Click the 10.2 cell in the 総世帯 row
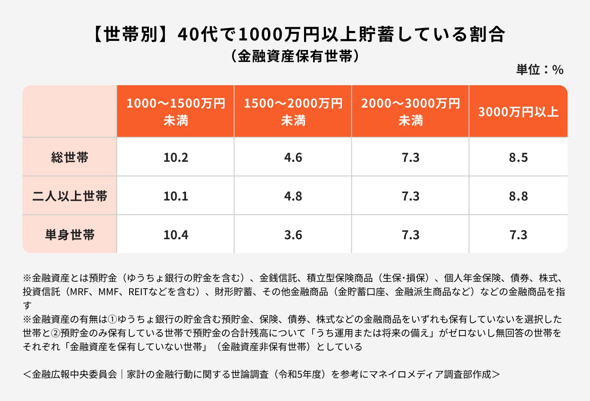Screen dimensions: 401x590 [176, 157]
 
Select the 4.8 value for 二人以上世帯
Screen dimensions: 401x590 [293, 196]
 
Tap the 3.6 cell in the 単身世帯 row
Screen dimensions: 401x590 [293, 235]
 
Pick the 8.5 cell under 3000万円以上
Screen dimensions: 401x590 [518, 157]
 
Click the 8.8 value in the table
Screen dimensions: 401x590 [518, 196]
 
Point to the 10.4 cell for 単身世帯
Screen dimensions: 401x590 [176, 235]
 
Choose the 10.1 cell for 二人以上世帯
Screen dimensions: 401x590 [176, 196]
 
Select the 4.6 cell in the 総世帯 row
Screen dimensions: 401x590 [293, 157]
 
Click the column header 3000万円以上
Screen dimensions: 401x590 [518, 112]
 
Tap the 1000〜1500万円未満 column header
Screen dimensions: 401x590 [176, 112]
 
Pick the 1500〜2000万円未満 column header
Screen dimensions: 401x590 [293, 112]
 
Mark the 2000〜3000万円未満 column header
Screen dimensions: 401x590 [410, 112]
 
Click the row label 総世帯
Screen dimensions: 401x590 [70, 157]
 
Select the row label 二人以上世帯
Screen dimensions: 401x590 [70, 196]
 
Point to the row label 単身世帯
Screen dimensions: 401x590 [70, 235]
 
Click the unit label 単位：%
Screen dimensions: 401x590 [540, 70]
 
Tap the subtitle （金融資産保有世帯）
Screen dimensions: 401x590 [295, 56]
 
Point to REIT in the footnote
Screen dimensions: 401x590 [138, 292]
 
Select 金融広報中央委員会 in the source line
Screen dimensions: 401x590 [75, 374]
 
